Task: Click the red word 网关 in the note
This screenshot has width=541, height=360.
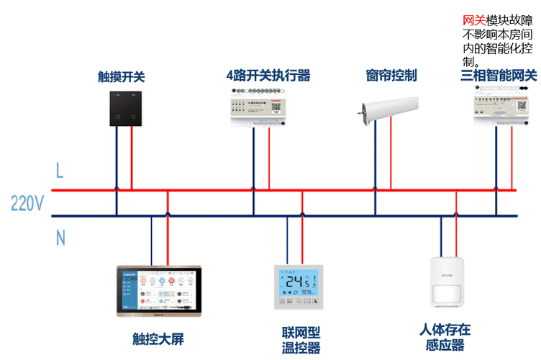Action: (473, 22)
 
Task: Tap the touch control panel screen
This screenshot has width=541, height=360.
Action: (159, 290)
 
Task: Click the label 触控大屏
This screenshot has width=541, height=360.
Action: (158, 338)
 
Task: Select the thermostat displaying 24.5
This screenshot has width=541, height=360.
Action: (298, 287)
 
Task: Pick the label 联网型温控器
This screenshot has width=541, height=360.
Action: (301, 340)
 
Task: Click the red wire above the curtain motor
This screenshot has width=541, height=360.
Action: (391, 151)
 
